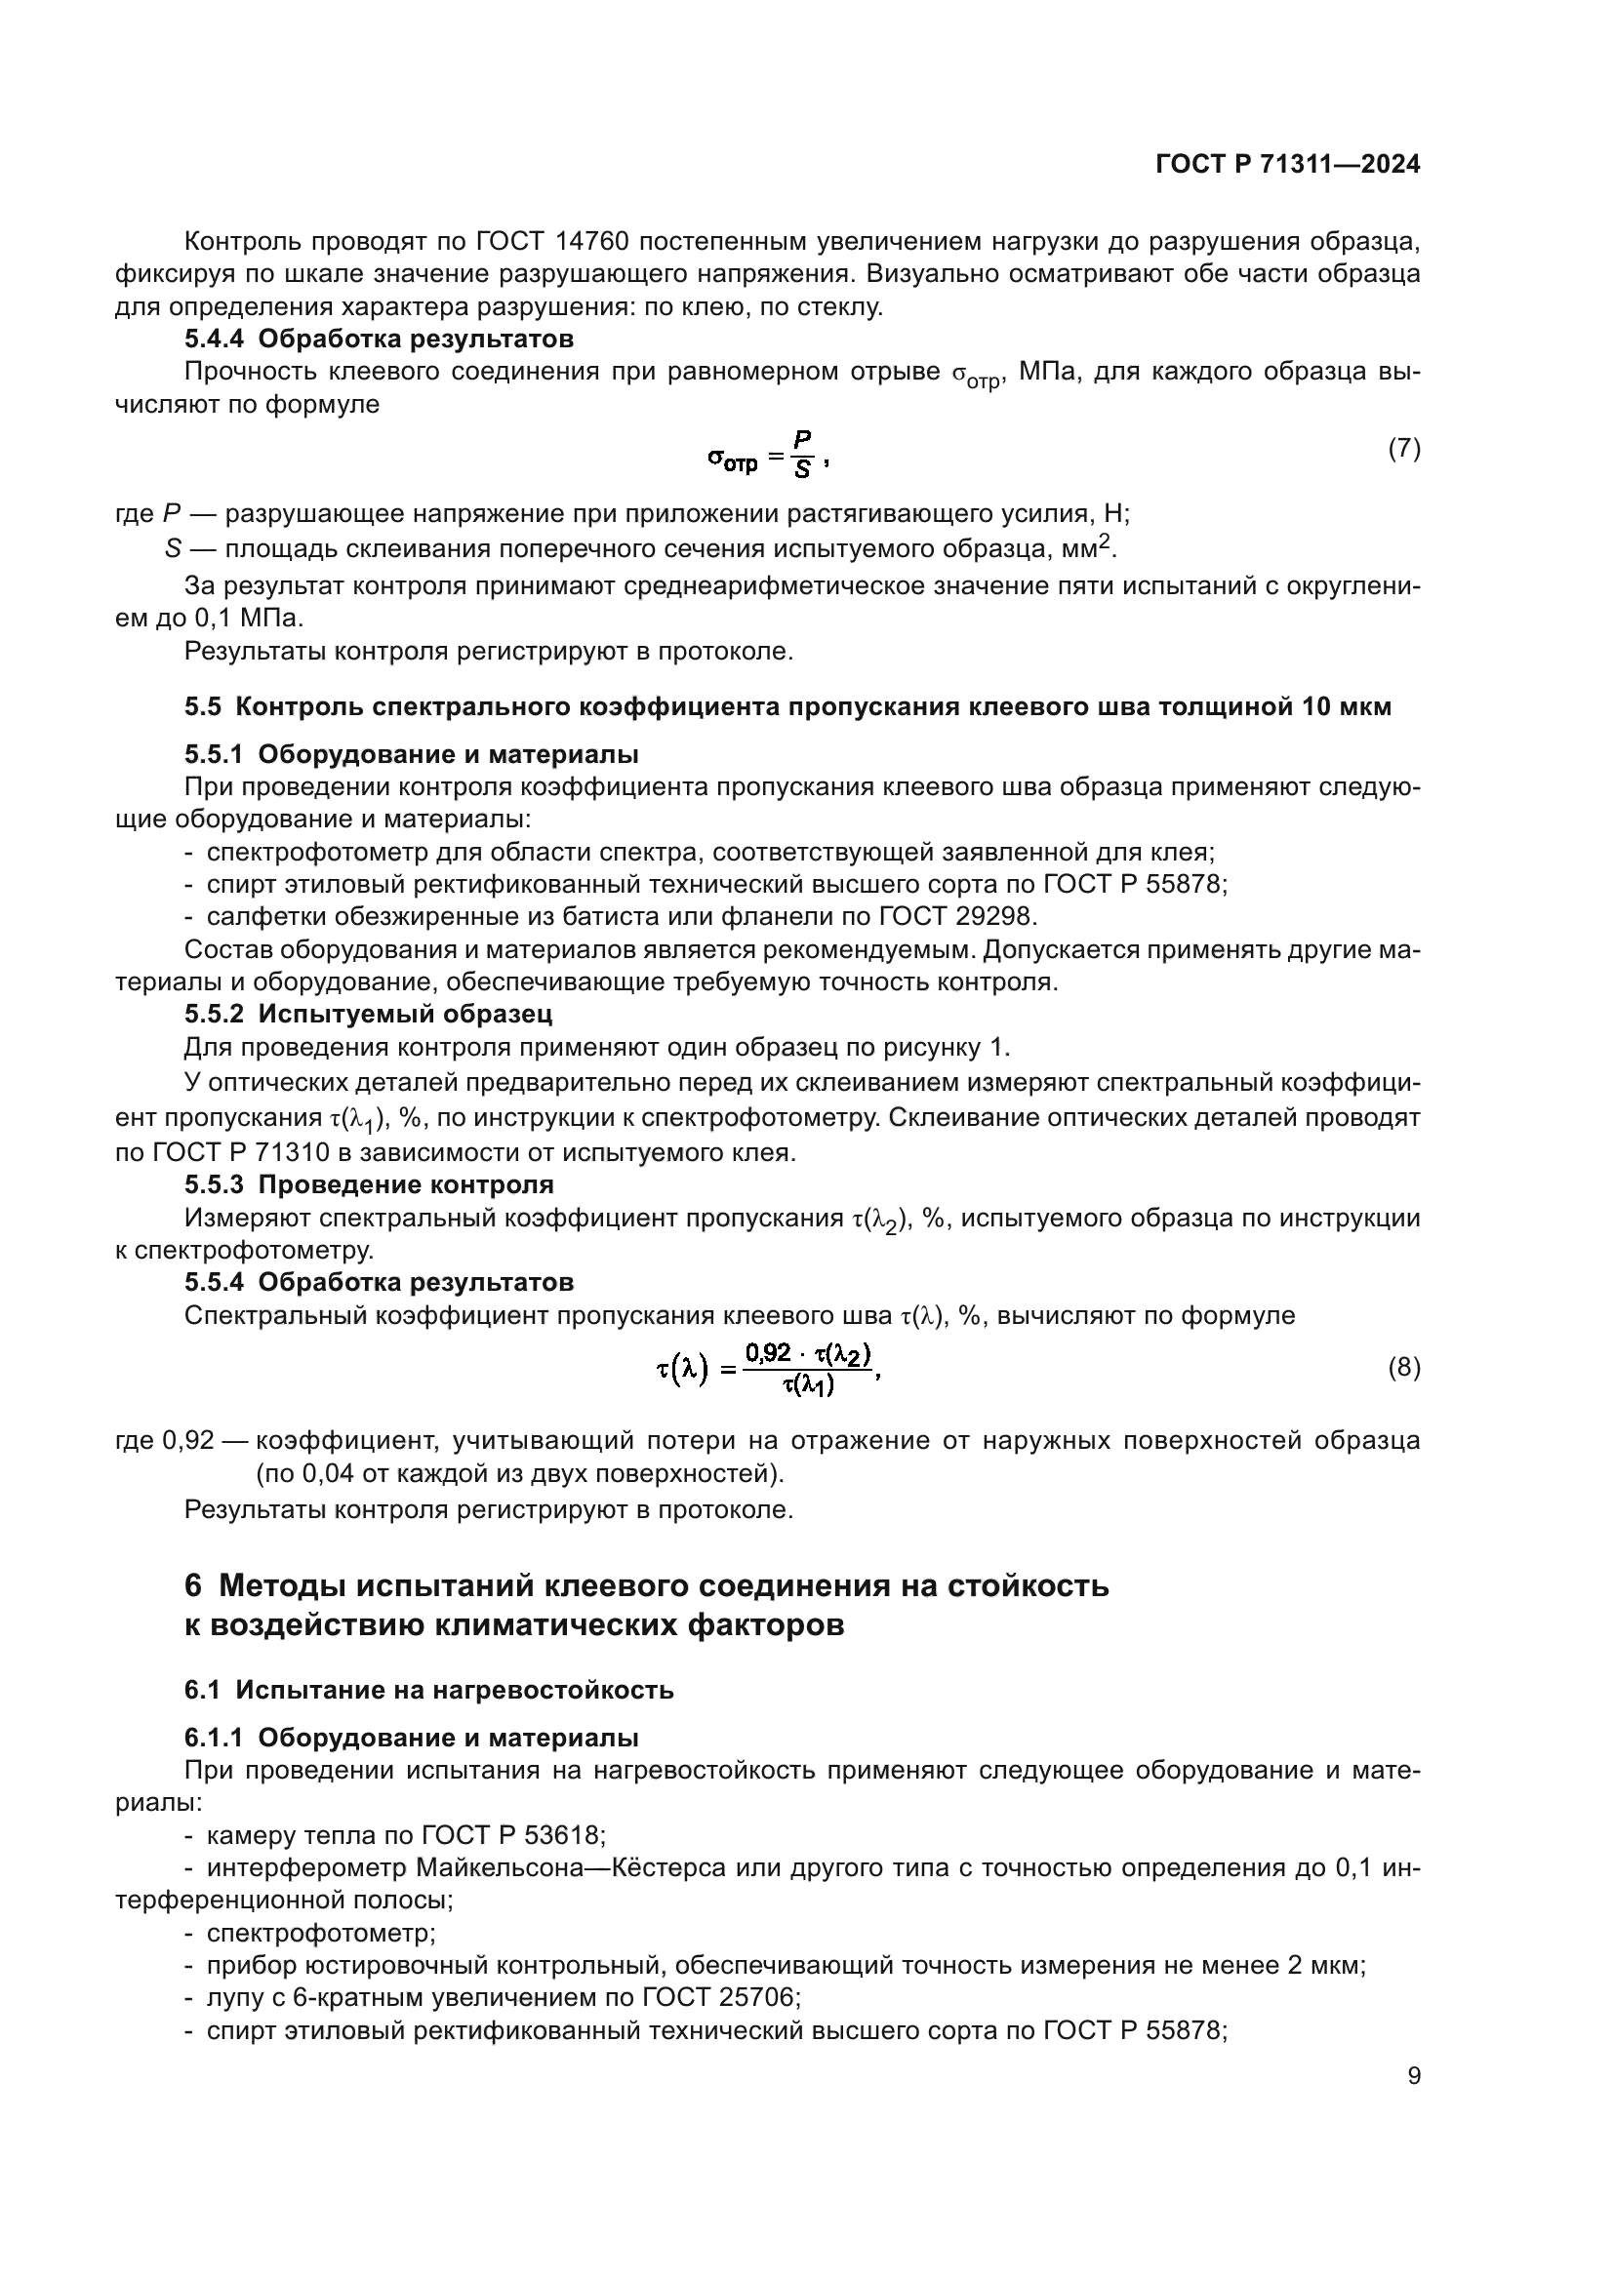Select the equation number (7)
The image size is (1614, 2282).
point(1403,448)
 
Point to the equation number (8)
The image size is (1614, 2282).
point(1403,1369)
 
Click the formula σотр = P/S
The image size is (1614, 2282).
point(766,456)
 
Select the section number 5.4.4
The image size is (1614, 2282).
point(214,339)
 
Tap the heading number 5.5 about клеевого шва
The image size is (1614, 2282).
point(203,706)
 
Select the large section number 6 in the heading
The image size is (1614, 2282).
point(194,1585)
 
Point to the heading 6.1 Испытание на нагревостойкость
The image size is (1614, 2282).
point(428,1690)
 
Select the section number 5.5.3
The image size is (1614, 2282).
point(214,1184)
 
